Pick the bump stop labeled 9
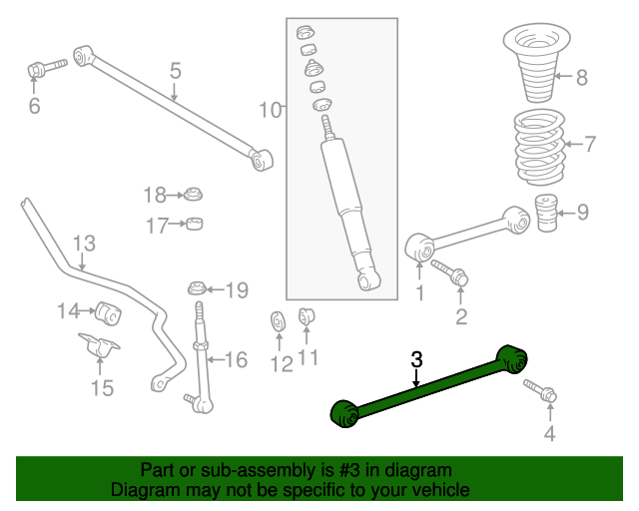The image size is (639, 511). pos(545,214)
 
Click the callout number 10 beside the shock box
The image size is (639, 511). pos(271,109)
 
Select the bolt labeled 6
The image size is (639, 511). pos(43,70)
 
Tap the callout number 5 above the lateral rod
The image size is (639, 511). pos(175,71)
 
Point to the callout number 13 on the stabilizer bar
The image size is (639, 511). pos(84,244)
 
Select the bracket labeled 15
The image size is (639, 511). pos(100,351)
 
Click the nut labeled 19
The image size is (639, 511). pos(198,290)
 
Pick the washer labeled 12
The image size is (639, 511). pos(278,324)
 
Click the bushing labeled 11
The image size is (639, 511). pos(308,316)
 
